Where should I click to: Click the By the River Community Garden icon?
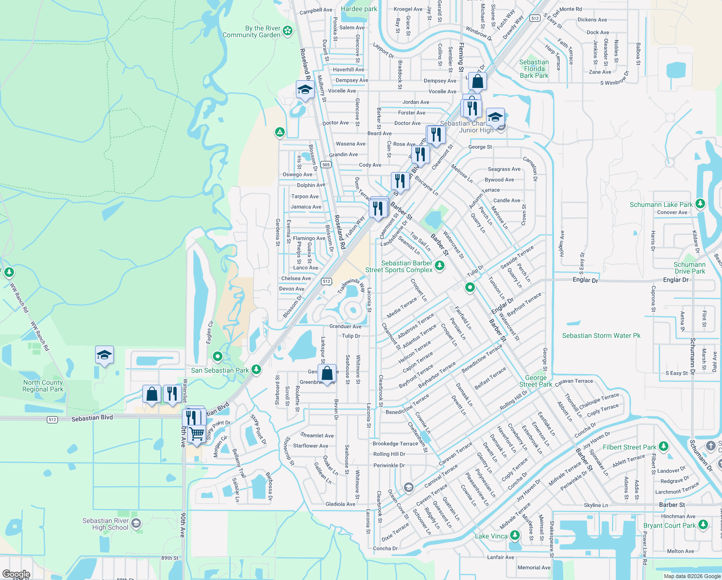(288, 31)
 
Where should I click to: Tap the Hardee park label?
(359, 9)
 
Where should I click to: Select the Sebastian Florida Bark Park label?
(534, 69)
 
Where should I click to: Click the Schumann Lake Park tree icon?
(700, 204)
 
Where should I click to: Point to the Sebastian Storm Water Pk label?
(601, 335)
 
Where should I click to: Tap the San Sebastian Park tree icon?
(256, 370)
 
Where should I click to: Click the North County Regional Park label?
(43, 386)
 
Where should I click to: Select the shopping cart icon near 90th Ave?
(196, 433)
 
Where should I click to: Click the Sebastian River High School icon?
(136, 523)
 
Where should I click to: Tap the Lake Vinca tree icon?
(515, 535)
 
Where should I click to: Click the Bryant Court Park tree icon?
(703, 524)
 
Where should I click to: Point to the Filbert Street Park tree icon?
(664, 446)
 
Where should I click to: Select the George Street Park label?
(536, 381)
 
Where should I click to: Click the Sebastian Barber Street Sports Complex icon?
(439, 265)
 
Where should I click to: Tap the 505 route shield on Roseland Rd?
(326, 165)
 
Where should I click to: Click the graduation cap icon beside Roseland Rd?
(305, 89)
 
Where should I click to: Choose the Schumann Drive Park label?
(689, 268)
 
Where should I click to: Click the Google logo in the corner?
(16, 574)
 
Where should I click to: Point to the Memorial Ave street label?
(534, 567)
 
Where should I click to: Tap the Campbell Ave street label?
(316, 10)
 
